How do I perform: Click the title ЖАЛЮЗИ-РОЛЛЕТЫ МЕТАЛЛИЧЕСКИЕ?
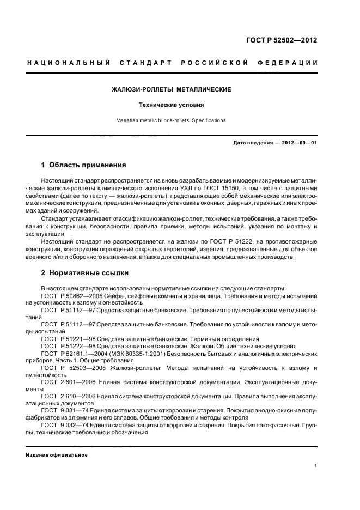point(172,89)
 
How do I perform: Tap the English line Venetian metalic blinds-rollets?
point(172,120)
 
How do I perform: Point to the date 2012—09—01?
point(298,143)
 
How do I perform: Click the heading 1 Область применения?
point(84,165)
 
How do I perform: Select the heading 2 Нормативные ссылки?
point(85,272)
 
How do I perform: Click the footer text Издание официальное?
point(57,455)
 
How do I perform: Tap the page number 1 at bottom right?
point(316,466)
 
